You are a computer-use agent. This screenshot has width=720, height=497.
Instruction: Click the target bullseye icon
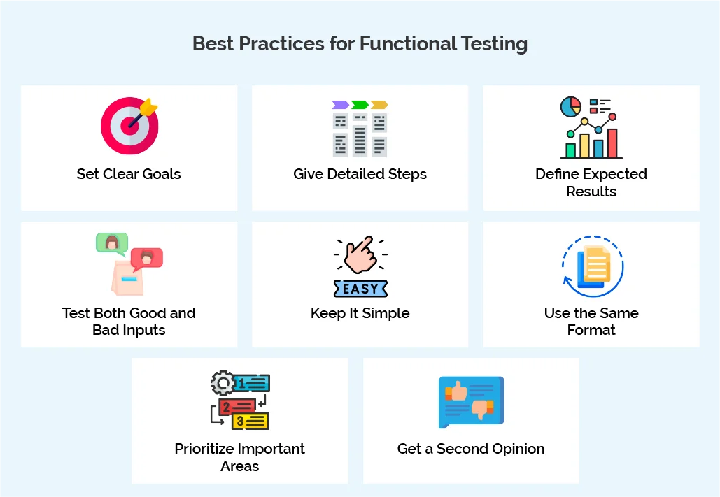pos(129,127)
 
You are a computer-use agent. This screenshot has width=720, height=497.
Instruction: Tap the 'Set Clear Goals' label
pos(129,174)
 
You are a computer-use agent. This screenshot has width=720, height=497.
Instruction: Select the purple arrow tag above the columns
pos(340,105)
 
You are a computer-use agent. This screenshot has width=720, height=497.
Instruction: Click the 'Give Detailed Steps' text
pos(360,174)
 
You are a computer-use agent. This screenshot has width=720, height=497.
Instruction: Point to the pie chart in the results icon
pos(571,107)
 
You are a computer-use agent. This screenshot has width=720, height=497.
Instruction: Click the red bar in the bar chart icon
pos(612,143)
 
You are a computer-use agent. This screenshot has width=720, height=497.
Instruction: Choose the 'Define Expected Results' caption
pos(591,182)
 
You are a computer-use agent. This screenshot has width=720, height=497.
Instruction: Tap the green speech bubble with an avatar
pos(111,243)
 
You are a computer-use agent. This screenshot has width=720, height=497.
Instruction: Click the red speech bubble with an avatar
pos(146,258)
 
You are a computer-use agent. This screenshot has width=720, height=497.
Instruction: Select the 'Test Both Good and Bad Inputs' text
pos(129,322)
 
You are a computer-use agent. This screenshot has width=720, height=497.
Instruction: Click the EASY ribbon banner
pos(360,288)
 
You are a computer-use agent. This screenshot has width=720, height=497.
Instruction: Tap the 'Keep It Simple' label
pos(360,313)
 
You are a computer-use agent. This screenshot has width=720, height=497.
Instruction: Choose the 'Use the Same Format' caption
pos(591,322)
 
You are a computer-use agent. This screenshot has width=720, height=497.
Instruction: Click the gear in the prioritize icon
pos(223,383)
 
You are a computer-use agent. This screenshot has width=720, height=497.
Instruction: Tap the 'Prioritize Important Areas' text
pos(240,457)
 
